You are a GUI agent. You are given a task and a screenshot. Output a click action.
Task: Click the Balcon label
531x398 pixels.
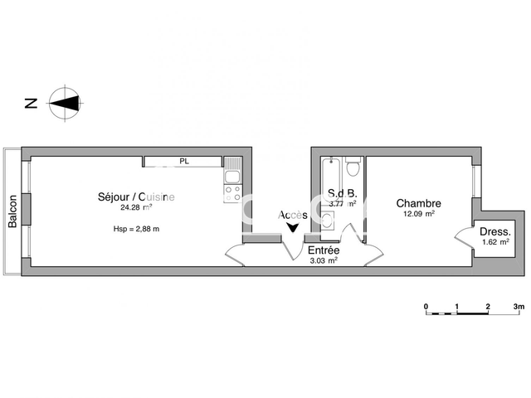(12, 211)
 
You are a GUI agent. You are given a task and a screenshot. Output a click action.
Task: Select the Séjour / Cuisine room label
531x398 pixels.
(136, 197)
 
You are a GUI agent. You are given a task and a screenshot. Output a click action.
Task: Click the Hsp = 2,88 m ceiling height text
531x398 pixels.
(136, 229)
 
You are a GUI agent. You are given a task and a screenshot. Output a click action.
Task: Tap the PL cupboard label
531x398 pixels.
(184, 162)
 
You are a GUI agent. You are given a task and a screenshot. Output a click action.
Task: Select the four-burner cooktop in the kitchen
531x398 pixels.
(232, 194)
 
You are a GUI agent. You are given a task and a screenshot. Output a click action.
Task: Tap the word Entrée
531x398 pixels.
(324, 250)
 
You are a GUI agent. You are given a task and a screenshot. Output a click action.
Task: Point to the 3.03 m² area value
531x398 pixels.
(323, 260)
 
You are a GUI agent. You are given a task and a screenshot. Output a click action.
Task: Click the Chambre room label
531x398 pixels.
(418, 203)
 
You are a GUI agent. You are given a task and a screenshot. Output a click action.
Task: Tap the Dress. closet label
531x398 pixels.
(495, 231)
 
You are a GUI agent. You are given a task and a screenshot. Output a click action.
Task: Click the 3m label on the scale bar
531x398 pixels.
(519, 307)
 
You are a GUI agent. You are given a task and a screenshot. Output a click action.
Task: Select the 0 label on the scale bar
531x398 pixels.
(426, 307)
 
